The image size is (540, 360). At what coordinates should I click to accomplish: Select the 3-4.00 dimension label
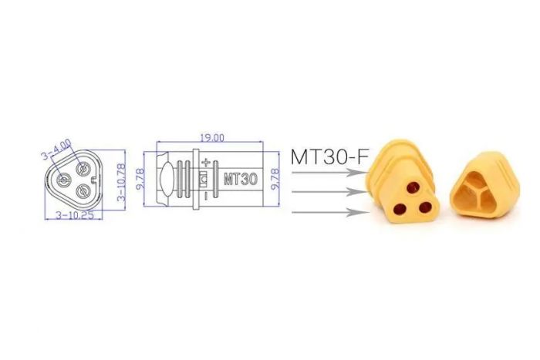coord(60,143)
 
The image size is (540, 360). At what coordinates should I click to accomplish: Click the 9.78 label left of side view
coord(142,179)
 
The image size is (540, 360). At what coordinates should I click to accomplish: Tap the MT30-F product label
coord(328,156)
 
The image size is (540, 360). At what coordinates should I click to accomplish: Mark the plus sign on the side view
coord(205,163)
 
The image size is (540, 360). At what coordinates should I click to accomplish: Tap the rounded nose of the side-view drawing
coord(163,178)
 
